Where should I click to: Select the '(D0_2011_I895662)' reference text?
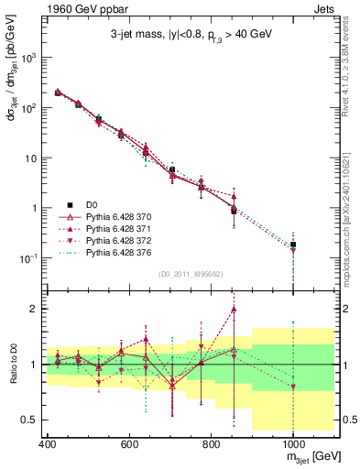[189, 273]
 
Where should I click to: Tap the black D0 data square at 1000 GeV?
[292, 245]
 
